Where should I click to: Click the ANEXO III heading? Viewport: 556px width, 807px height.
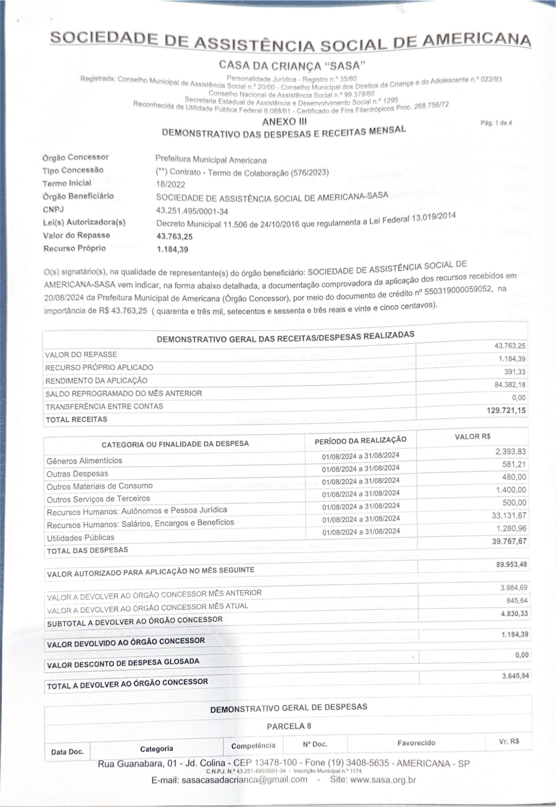[284, 122]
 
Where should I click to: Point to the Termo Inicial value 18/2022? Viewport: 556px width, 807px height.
[170, 185]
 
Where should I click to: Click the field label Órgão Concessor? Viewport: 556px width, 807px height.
[76, 157]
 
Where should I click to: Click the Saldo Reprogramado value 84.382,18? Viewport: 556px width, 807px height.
[510, 385]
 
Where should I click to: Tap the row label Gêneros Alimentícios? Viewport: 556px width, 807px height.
[84, 461]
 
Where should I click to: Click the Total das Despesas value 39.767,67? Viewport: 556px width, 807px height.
[509, 541]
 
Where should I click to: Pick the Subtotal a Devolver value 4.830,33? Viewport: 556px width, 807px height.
[514, 614]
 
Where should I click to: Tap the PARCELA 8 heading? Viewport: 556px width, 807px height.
[289, 726]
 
